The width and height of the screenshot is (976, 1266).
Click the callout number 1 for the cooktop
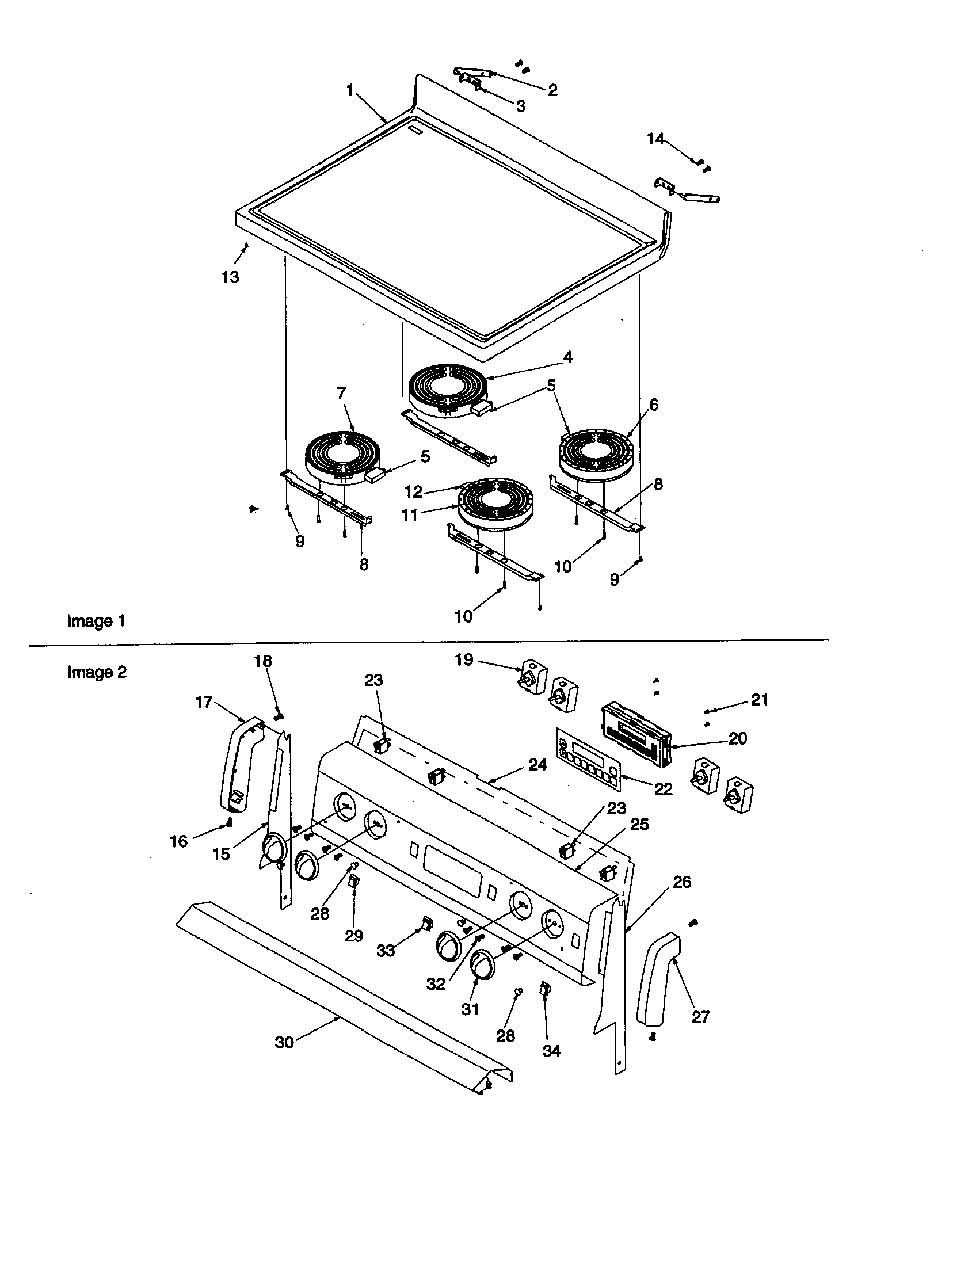(349, 90)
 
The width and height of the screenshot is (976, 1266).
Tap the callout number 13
(230, 278)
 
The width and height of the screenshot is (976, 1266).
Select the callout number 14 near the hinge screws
(655, 139)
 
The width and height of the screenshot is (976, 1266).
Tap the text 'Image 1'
(96, 621)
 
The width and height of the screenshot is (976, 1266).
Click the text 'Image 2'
(97, 672)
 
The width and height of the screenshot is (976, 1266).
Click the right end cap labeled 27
(658, 982)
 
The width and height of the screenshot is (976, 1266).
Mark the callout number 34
(551, 1051)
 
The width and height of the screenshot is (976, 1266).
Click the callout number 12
(413, 492)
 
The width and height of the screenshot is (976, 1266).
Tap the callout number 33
(386, 951)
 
